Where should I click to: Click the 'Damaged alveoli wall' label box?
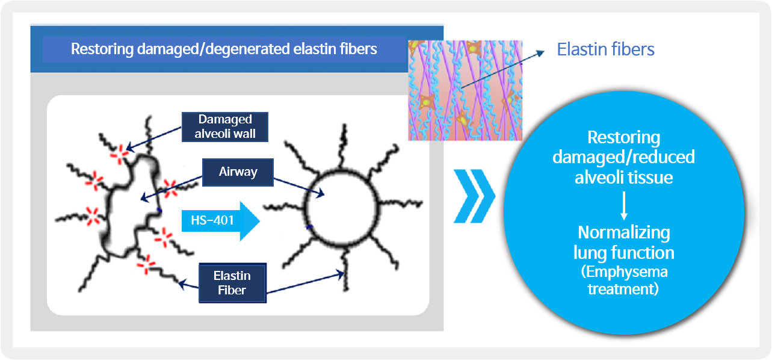click(x=224, y=127)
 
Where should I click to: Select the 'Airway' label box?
click(x=238, y=172)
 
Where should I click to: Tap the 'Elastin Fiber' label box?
click(x=232, y=283)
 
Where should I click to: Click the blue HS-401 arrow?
click(x=221, y=221)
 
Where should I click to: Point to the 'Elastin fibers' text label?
click(x=605, y=49)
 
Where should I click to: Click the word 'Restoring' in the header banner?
click(x=102, y=49)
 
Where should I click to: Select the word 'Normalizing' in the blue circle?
click(x=624, y=232)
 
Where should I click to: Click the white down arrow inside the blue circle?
click(x=624, y=206)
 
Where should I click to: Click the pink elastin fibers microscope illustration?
click(x=465, y=90)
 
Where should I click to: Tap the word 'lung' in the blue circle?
click(x=589, y=253)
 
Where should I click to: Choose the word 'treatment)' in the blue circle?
click(x=623, y=289)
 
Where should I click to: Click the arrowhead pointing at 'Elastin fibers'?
click(x=540, y=53)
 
